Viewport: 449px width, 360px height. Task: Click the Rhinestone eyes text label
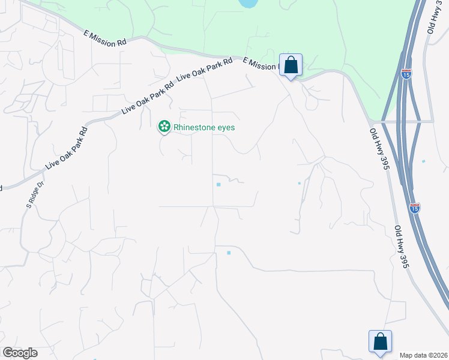click(203, 127)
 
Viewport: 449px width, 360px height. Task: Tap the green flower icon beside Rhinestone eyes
click(163, 127)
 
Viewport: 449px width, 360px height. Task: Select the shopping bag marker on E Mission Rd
click(291, 65)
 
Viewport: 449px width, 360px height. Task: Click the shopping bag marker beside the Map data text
click(379, 342)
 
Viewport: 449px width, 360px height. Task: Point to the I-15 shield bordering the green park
click(406, 74)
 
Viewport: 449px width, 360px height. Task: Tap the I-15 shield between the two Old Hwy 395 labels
click(415, 208)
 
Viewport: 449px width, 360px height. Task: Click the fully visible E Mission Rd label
click(105, 40)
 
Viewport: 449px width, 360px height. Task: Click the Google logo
click(20, 353)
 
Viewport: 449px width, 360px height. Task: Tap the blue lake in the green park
click(247, 4)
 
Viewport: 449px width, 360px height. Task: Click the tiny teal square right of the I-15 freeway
click(423, 161)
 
